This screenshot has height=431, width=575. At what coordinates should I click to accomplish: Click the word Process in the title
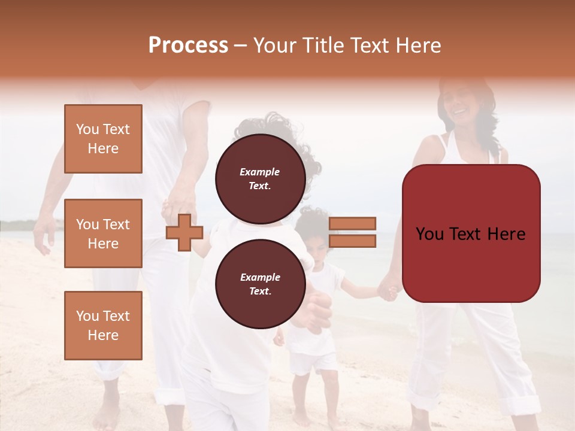coord(188,45)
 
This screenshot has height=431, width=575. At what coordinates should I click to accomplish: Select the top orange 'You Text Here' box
coord(103,139)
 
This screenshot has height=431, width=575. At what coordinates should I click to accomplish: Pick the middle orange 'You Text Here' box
coord(103,233)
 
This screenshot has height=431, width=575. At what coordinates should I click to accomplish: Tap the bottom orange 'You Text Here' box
coord(103,326)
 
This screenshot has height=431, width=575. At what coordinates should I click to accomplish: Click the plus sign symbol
coord(184,233)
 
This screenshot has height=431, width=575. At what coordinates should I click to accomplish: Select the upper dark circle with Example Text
coord(260,178)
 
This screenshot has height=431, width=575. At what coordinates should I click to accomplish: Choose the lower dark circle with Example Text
coord(260,284)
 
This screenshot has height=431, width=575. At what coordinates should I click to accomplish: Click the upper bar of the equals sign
coord(353,223)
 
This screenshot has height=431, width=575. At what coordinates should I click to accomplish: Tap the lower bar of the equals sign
coord(353,241)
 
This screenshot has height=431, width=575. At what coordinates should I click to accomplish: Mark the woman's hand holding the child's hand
coord(388,292)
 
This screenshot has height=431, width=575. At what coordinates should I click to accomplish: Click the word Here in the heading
coord(417,45)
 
